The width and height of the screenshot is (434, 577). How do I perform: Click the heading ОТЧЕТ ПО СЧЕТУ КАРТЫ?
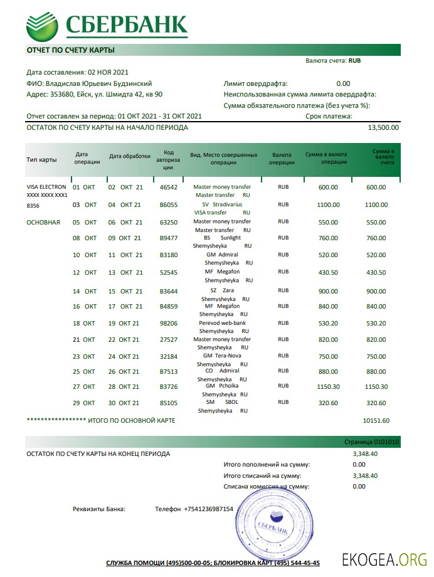[70, 50]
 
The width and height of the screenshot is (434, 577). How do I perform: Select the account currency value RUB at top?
[354, 61]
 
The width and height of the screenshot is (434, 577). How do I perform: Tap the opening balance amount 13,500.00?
[383, 127]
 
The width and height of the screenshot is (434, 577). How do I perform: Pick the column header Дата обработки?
[130, 156]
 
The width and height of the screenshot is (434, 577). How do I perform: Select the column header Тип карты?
[41, 159]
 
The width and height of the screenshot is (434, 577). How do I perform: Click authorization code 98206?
[169, 323]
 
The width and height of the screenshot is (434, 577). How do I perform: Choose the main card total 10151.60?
[376, 420]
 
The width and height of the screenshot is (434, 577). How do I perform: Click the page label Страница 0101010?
[371, 442]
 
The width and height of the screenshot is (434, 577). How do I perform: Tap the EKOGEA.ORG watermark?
[384, 559]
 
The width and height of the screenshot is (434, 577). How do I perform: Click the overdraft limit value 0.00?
[343, 83]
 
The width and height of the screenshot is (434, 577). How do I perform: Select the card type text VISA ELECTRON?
[46, 187]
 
